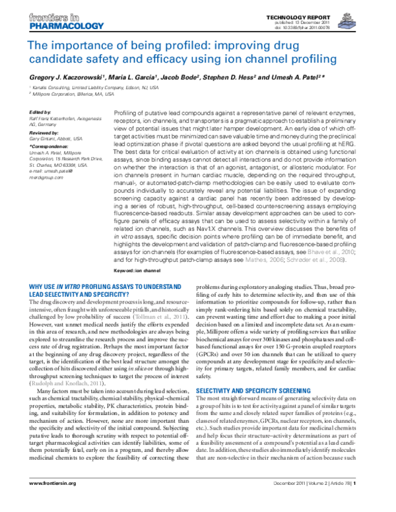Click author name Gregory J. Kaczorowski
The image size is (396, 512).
pos(69,75)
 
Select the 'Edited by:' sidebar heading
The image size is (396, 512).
pos(41,113)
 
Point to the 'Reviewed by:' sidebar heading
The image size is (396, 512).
pos(44,133)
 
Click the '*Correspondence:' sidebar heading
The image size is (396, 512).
pos(48,146)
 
